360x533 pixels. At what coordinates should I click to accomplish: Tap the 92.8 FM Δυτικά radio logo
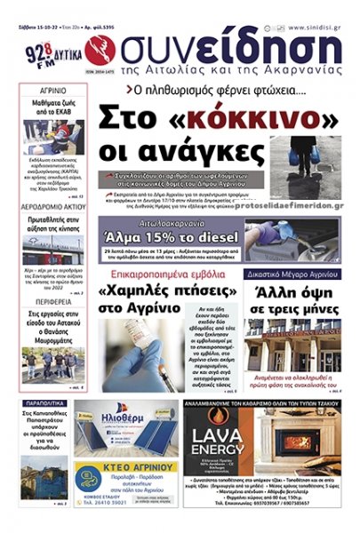tap(44, 52)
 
